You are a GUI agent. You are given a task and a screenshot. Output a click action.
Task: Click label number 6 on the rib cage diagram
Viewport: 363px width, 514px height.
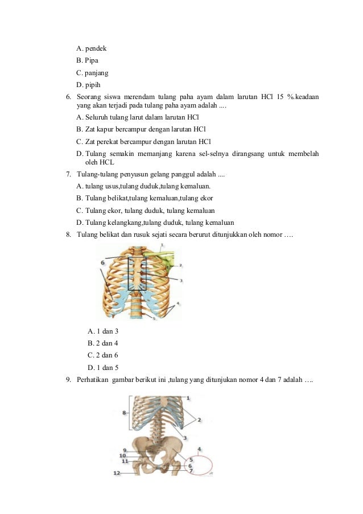click(103, 262)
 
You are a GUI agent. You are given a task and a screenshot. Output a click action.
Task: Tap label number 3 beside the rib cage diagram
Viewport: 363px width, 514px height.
click(181, 281)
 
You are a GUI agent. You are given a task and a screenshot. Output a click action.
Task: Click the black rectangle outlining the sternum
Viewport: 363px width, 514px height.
click(137, 273)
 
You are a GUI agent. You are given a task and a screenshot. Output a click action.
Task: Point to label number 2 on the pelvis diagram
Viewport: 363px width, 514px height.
click(199, 420)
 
